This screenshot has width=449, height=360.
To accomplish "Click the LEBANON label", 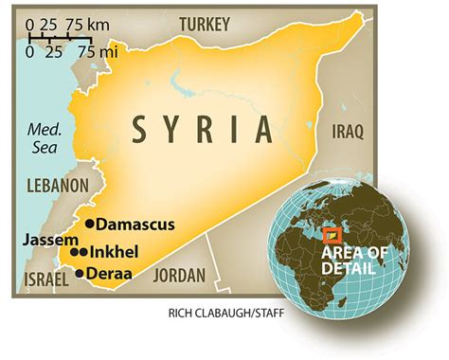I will point(57,186).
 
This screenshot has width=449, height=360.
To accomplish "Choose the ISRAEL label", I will point(41,281).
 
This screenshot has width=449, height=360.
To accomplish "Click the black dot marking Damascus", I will point(90,224).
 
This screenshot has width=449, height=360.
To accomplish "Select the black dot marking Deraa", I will point(79,273).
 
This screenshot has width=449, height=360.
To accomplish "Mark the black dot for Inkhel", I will point(84,252).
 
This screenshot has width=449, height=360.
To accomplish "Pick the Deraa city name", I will point(108,273).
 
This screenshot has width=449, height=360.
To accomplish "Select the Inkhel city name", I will point(116,252).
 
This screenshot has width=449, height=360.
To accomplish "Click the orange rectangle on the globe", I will point(332,234).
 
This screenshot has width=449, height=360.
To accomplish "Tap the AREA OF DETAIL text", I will point(354,261).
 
